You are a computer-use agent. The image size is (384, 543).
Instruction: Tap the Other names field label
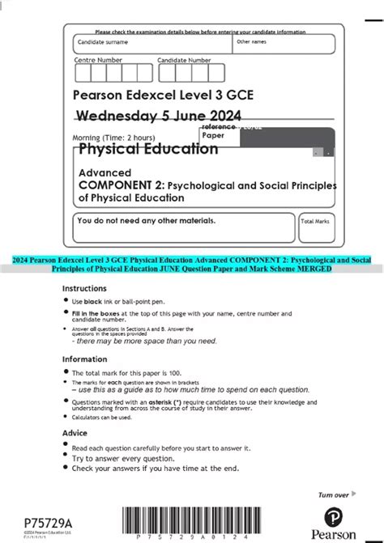251,40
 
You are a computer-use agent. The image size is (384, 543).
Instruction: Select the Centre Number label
98,60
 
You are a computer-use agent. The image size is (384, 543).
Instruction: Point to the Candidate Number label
184,60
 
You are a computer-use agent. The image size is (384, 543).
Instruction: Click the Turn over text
333,494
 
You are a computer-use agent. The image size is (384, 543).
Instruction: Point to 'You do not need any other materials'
146,220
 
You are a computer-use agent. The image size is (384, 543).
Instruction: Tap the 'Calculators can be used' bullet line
101,418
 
